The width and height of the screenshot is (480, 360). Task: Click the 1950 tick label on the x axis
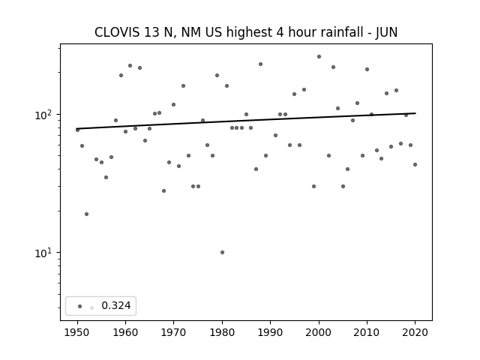77,332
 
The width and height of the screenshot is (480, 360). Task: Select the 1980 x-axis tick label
222,332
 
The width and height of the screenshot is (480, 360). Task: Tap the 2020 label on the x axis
415,332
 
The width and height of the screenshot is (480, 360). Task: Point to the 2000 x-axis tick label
319,332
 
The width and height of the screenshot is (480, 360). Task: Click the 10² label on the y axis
45,115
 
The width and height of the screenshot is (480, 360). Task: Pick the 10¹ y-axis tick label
45,253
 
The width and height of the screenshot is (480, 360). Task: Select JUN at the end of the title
387,32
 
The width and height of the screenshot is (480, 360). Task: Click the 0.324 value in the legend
116,305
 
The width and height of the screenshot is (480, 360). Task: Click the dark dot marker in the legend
80,306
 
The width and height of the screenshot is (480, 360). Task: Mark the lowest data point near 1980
222,252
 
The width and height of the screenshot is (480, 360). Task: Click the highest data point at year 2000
319,57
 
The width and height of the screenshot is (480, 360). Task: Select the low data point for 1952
87,214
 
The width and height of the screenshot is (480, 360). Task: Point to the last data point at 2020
415,165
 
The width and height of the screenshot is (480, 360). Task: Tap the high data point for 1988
260,64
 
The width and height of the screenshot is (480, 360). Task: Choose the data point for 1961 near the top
130,65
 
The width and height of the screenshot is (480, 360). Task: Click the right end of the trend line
415,113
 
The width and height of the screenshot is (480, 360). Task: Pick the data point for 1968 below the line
163,190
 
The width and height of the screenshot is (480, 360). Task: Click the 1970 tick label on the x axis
173,332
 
